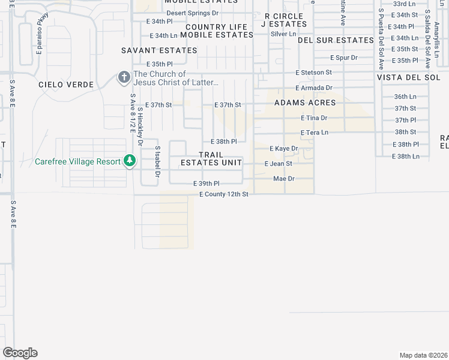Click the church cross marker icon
tap(124, 77)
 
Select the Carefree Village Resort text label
tap(77, 161)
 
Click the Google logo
tap(20, 353)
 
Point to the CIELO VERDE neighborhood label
tap(66, 85)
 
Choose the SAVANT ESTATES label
tap(159, 50)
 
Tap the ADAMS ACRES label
tap(304, 103)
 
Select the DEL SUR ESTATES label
tap(336, 40)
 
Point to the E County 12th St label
tap(224, 194)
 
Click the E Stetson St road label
tap(313, 72)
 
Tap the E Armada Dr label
tap(313, 88)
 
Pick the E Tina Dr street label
tap(314, 118)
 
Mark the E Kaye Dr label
tap(283, 148)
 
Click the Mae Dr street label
tap(283, 179)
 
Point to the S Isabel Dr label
tap(157, 160)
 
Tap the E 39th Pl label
tap(206, 183)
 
